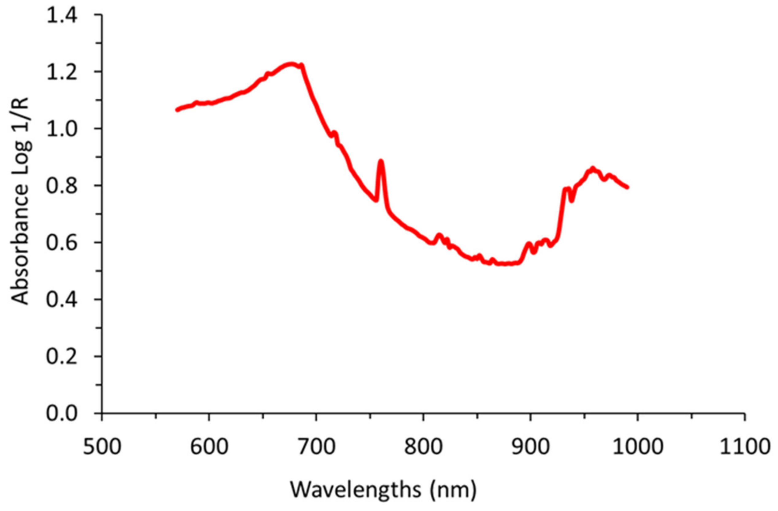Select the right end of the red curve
click(x=627, y=187)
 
